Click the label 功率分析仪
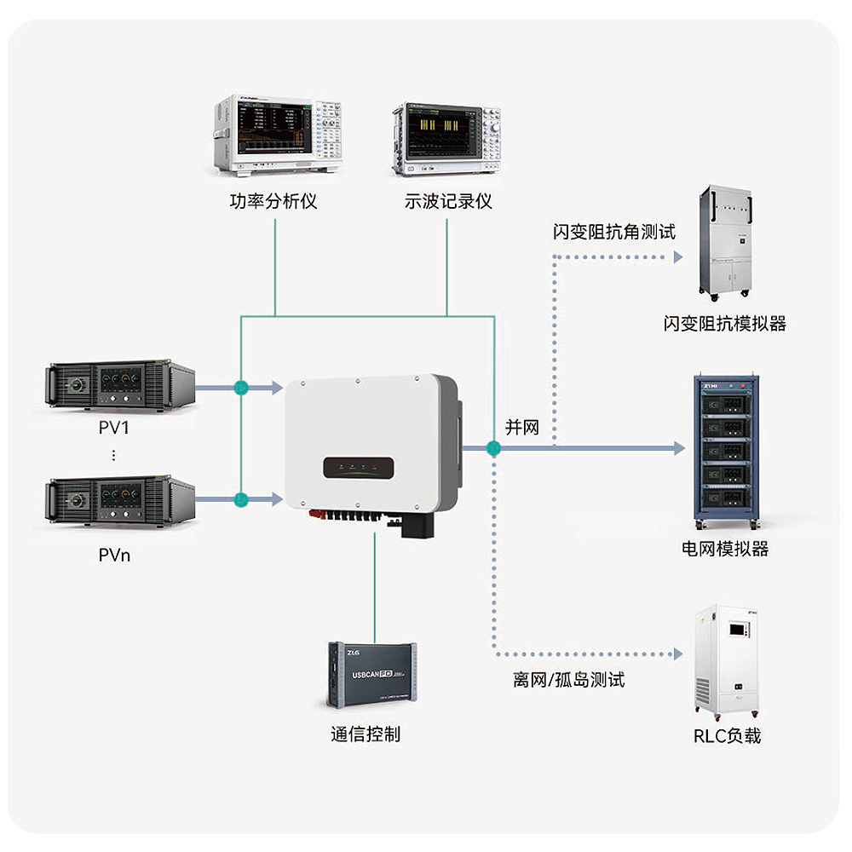coord(273,202)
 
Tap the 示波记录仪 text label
coord(448,202)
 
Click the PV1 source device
coord(121,386)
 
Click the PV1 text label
coord(113,427)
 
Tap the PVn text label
coord(114,556)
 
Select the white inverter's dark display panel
coord(358,469)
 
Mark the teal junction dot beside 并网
coord(492,448)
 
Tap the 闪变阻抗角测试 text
coord(613,232)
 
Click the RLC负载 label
coord(727,735)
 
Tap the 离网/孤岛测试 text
coord(569,680)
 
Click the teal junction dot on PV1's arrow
coord(241,388)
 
